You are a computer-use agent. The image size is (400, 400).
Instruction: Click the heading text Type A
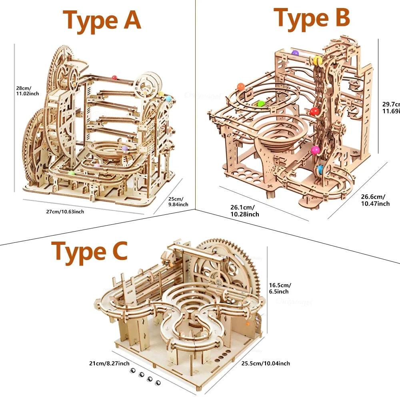(102, 20)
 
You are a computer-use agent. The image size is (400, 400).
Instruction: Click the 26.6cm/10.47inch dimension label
(375, 200)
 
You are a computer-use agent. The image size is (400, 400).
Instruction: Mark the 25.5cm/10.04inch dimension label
(266, 363)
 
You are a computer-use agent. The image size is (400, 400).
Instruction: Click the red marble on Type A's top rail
(114, 77)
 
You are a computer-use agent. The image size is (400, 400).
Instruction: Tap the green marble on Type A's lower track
(72, 173)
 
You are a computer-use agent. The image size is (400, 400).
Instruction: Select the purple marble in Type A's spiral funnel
(125, 148)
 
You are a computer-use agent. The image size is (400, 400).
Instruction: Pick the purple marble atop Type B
(295, 52)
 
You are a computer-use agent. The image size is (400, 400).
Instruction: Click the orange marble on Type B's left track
(241, 86)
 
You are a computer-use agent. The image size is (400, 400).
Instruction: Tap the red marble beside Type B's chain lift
(314, 111)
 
